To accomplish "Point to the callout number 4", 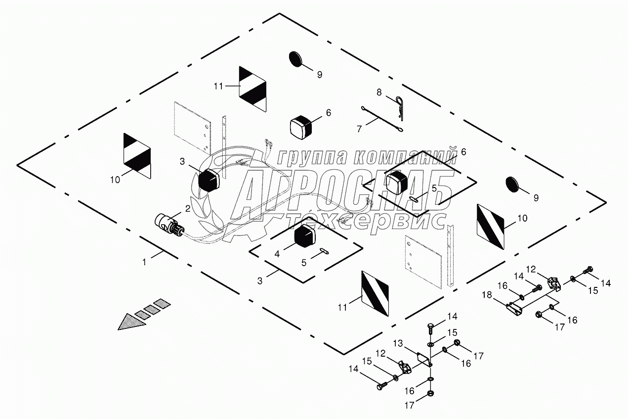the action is click(277, 253).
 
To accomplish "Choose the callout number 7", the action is click(359, 128).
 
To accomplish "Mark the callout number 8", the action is click(379, 92).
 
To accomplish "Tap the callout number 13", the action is click(398, 343).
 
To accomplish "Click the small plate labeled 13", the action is click(422, 357).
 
